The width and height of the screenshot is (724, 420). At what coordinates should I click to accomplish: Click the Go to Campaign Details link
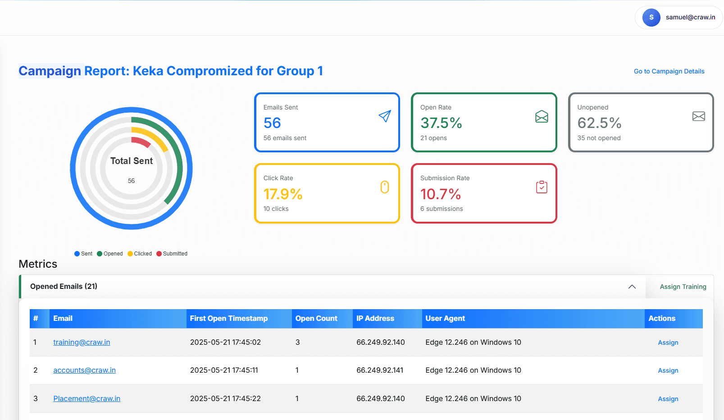click(669, 71)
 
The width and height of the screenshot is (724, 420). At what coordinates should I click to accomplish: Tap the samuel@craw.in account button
click(678, 18)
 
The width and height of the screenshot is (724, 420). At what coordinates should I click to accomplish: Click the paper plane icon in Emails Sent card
click(384, 116)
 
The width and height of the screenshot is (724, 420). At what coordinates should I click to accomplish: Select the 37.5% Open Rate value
click(441, 123)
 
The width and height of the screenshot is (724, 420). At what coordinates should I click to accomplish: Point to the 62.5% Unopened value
click(599, 123)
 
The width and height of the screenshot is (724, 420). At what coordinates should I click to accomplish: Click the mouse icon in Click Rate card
click(384, 187)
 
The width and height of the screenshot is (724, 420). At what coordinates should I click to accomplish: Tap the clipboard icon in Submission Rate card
click(542, 187)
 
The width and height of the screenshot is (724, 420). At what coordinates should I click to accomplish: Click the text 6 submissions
click(442, 209)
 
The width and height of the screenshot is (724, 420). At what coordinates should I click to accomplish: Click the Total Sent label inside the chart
click(132, 161)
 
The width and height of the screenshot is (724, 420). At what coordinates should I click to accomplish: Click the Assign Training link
click(683, 287)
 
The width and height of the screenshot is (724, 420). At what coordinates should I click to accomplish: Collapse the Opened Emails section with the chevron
click(632, 287)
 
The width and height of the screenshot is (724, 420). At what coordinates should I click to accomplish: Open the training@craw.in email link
click(82, 342)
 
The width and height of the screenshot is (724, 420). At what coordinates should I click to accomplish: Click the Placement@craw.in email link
click(87, 398)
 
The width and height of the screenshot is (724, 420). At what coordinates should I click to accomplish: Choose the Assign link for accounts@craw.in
click(668, 370)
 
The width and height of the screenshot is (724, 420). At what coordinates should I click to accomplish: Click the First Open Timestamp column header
click(228, 318)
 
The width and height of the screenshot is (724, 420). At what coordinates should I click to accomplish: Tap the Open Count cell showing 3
click(297, 342)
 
